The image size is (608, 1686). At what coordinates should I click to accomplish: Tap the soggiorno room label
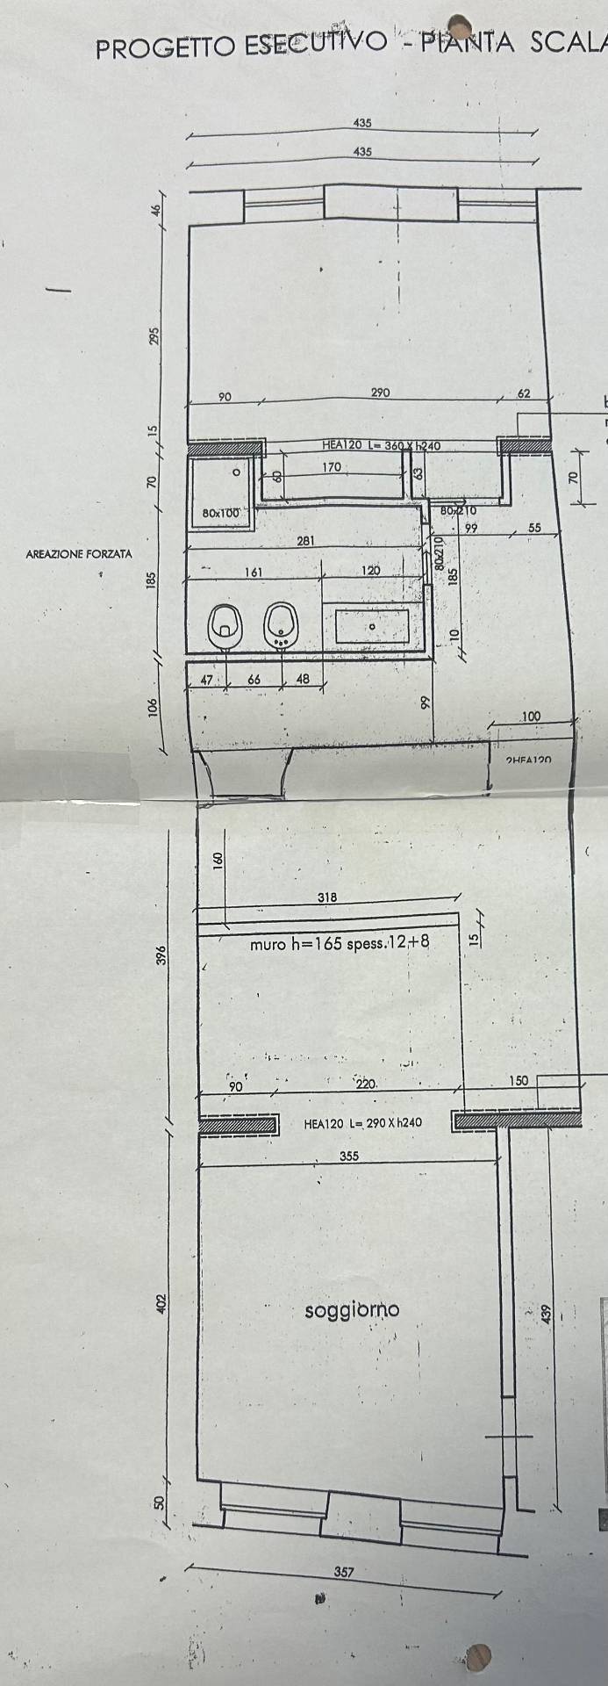[x=352, y=1310]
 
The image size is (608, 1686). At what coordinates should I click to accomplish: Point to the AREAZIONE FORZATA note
[x=79, y=554]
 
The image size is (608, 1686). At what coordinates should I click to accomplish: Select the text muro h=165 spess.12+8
[x=339, y=945]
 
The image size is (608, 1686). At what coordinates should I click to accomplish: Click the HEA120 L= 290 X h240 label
[x=363, y=1122]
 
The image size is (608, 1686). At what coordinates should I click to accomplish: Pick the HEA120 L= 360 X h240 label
[x=380, y=446]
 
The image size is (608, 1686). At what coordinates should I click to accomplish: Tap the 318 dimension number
[x=326, y=897]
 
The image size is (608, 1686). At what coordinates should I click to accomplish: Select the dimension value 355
[x=348, y=1156]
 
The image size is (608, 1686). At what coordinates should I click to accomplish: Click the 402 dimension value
[x=161, y=1304]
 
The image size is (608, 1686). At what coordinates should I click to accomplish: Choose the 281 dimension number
[x=305, y=541]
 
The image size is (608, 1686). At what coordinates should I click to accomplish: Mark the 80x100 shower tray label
[x=220, y=512]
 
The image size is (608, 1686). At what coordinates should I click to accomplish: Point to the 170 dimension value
[x=332, y=467]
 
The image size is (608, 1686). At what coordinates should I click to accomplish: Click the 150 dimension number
[x=519, y=1080]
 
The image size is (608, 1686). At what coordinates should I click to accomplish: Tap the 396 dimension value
[x=161, y=955]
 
